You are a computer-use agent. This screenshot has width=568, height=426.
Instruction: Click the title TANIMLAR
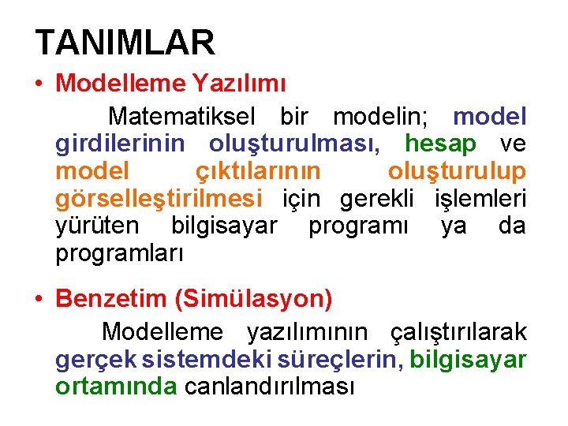click(x=125, y=43)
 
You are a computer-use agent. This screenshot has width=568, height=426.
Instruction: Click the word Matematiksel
click(x=181, y=117)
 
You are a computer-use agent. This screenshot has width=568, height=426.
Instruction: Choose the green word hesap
click(x=451, y=144)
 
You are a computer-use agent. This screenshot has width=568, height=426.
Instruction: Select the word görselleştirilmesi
click(x=159, y=199)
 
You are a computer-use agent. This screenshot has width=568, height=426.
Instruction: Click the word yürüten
click(x=97, y=226)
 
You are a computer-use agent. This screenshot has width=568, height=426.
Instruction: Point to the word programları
click(x=120, y=253)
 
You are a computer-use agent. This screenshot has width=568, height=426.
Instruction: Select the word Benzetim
click(x=111, y=300)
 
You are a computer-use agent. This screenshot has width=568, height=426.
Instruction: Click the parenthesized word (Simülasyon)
click(x=254, y=300)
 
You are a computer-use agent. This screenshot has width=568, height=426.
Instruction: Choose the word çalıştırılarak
click(x=459, y=332)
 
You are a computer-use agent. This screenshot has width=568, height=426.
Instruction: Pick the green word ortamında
click(x=116, y=387)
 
